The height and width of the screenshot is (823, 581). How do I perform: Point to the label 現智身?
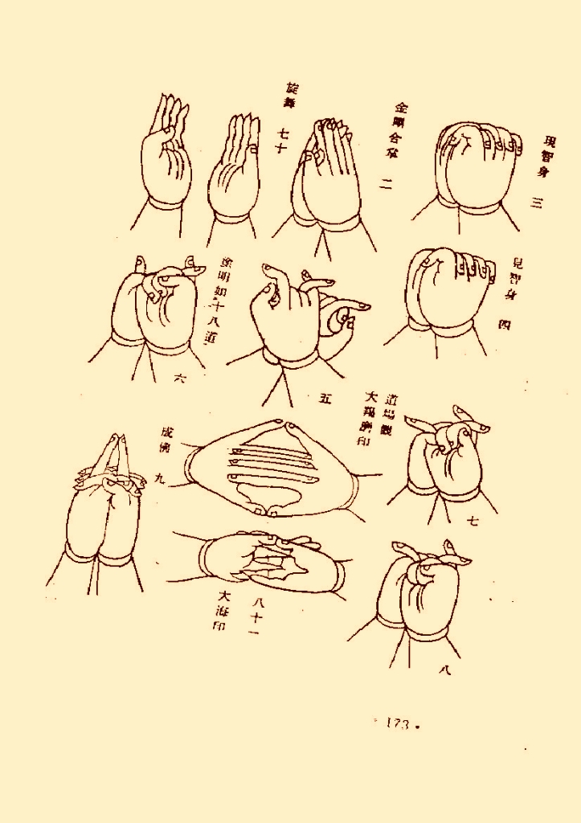point(543,158)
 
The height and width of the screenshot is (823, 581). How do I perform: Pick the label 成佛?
point(166,443)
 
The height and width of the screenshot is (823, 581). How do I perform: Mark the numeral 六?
point(180,378)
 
